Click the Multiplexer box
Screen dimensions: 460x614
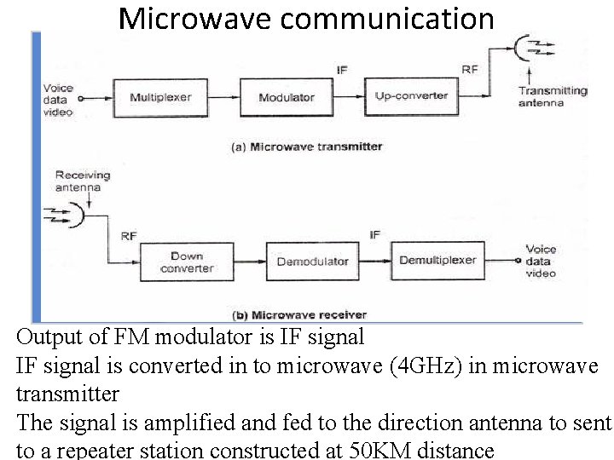pos(159,97)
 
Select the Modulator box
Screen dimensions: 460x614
pos(287,97)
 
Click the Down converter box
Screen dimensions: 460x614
pos(186,262)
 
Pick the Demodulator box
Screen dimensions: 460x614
pos(312,262)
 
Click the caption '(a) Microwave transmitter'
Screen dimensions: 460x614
pos(307,147)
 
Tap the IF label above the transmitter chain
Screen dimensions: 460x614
pos(342,70)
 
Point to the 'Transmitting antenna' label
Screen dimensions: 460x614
pos(553,97)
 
